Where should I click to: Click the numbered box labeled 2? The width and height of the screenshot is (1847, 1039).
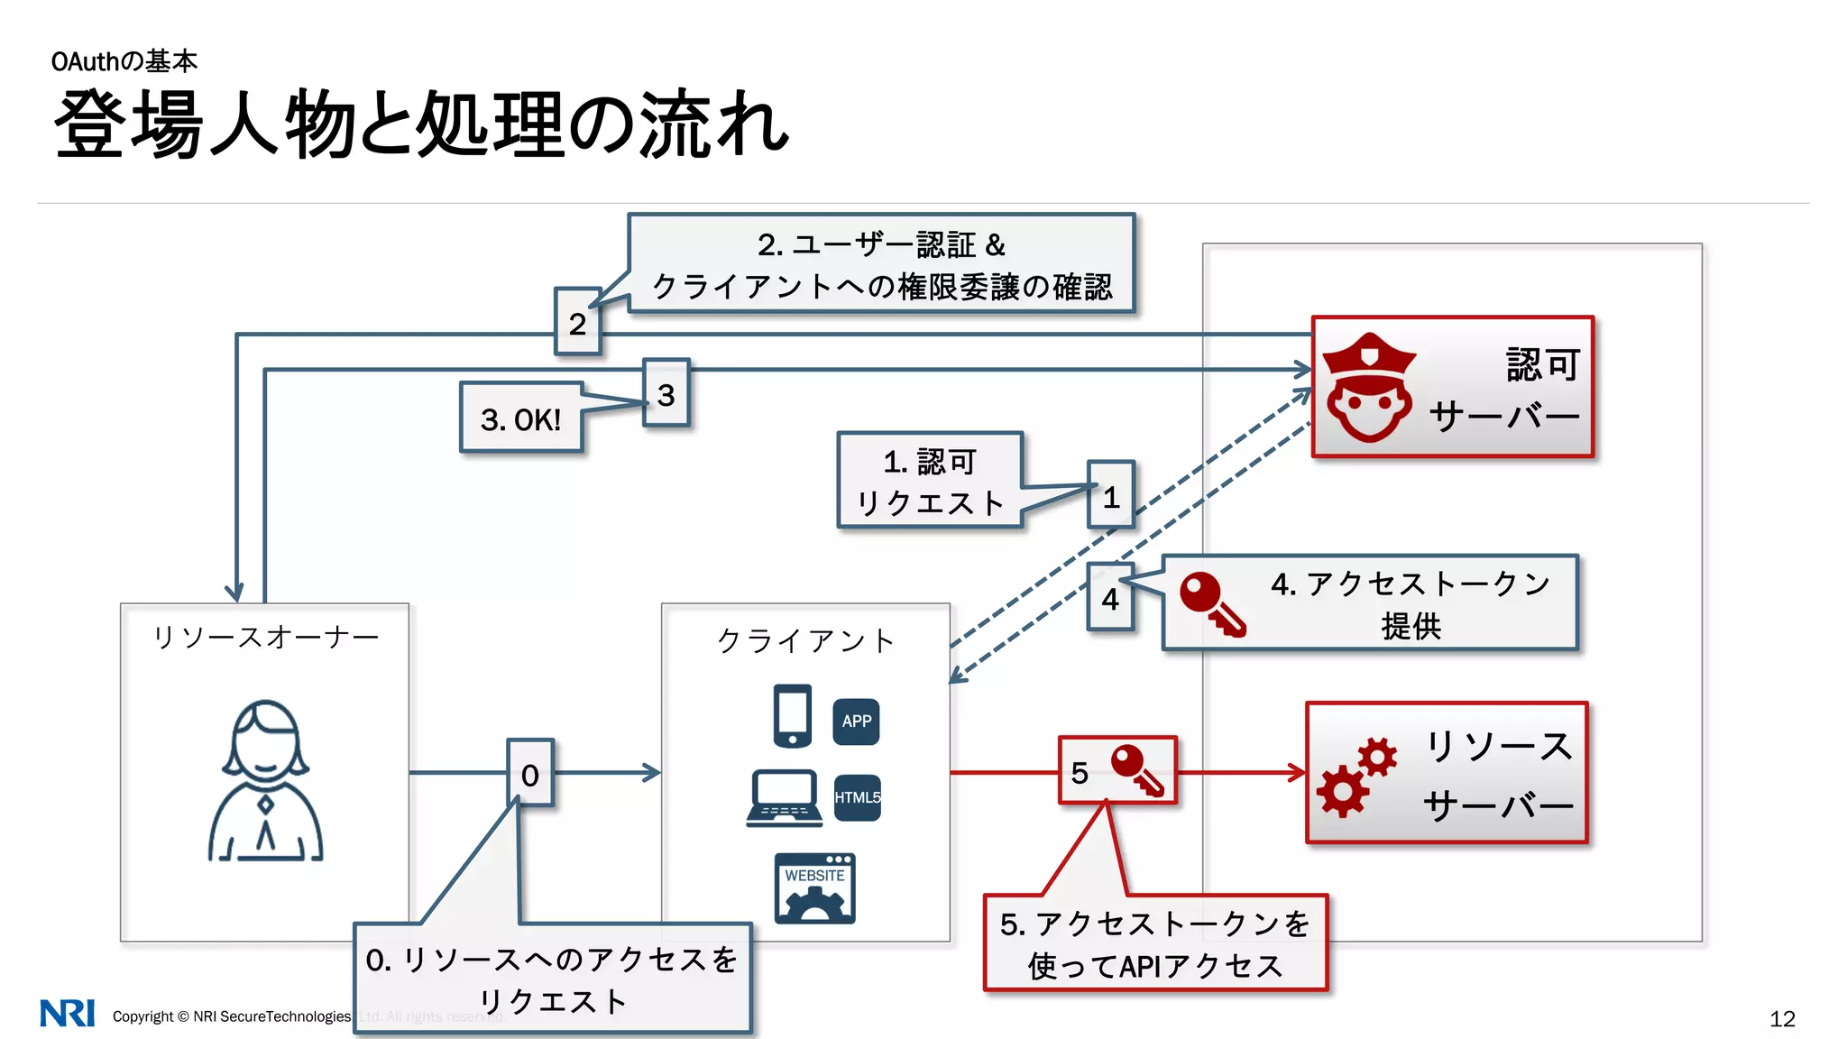[x=577, y=322]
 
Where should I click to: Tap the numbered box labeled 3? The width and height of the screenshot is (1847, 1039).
[x=666, y=393]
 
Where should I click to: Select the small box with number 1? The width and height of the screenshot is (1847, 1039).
[x=1111, y=495]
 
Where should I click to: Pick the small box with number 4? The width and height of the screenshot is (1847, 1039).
[x=1110, y=597]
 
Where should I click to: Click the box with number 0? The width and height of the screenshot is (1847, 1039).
[x=530, y=773]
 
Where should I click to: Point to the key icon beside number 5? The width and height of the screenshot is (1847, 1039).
[x=1137, y=770]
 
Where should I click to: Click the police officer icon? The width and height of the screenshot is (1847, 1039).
[x=1368, y=388]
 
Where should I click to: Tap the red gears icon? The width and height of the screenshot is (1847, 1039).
[x=1355, y=777]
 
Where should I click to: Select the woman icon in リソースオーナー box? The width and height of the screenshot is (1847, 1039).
[x=265, y=781]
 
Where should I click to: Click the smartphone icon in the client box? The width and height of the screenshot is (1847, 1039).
[x=793, y=716]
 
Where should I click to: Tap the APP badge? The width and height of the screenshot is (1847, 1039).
[x=856, y=722]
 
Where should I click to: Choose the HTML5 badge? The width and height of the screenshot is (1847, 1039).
[x=857, y=797]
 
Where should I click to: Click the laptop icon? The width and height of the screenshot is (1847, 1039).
[x=785, y=798]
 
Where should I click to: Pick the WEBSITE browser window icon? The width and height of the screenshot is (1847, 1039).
[x=814, y=888]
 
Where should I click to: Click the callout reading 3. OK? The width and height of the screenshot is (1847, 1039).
[x=521, y=418]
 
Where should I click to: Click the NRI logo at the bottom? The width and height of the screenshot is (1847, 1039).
[x=68, y=1013]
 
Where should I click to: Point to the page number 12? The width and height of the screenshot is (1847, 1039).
[x=1782, y=1018]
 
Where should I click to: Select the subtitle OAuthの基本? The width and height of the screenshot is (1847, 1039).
[x=124, y=61]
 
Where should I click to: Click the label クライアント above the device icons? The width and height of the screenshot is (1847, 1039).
[x=805, y=640]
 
